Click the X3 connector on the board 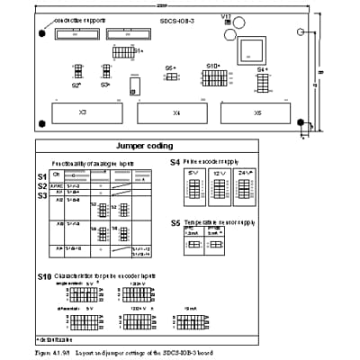click(82, 113)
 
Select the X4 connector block click(175, 113)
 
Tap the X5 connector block click(258, 113)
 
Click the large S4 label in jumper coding click(175, 162)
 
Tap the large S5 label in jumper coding click(175, 221)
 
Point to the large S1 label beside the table click(41, 175)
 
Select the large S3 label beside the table click(41, 194)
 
